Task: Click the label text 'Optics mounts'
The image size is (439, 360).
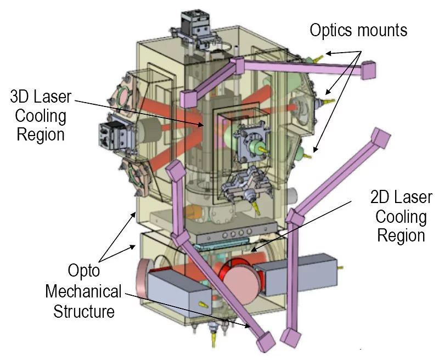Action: pyautogui.click(x=358, y=30)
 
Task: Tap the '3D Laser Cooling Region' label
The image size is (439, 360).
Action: pyautogui.click(x=41, y=116)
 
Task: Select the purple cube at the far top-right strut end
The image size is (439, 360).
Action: pyautogui.click(x=368, y=70)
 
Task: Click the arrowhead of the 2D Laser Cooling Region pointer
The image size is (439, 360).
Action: pyautogui.click(x=253, y=251)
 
